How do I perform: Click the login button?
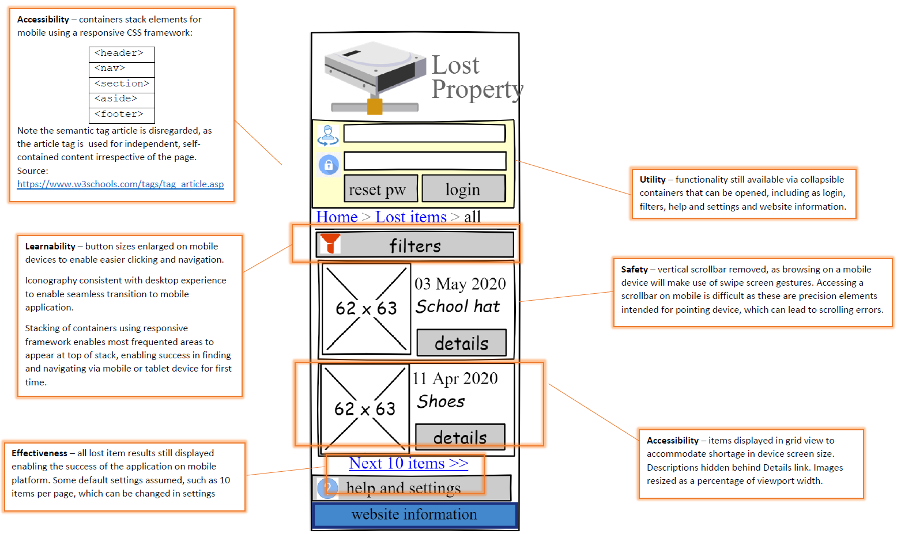[x=463, y=189]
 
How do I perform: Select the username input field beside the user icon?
[x=424, y=134]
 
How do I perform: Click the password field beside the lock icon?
[x=425, y=161]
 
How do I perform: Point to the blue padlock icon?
[x=329, y=165]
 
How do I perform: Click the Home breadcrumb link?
[x=337, y=217]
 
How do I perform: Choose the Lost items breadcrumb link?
[x=410, y=217]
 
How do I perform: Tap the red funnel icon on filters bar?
[x=330, y=244]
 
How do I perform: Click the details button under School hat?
[x=461, y=343]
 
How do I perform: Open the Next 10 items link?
[x=408, y=463]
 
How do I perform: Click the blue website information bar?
[x=414, y=514]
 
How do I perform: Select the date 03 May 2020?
[x=460, y=284]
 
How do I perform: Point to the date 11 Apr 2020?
[x=455, y=378]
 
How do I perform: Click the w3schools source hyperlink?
[x=120, y=184]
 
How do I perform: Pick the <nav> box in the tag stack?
[x=122, y=69]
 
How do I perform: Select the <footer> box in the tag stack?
[x=122, y=115]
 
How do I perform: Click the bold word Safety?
[x=634, y=270]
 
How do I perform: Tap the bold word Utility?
[x=652, y=180]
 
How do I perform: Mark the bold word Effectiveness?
[x=39, y=453]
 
